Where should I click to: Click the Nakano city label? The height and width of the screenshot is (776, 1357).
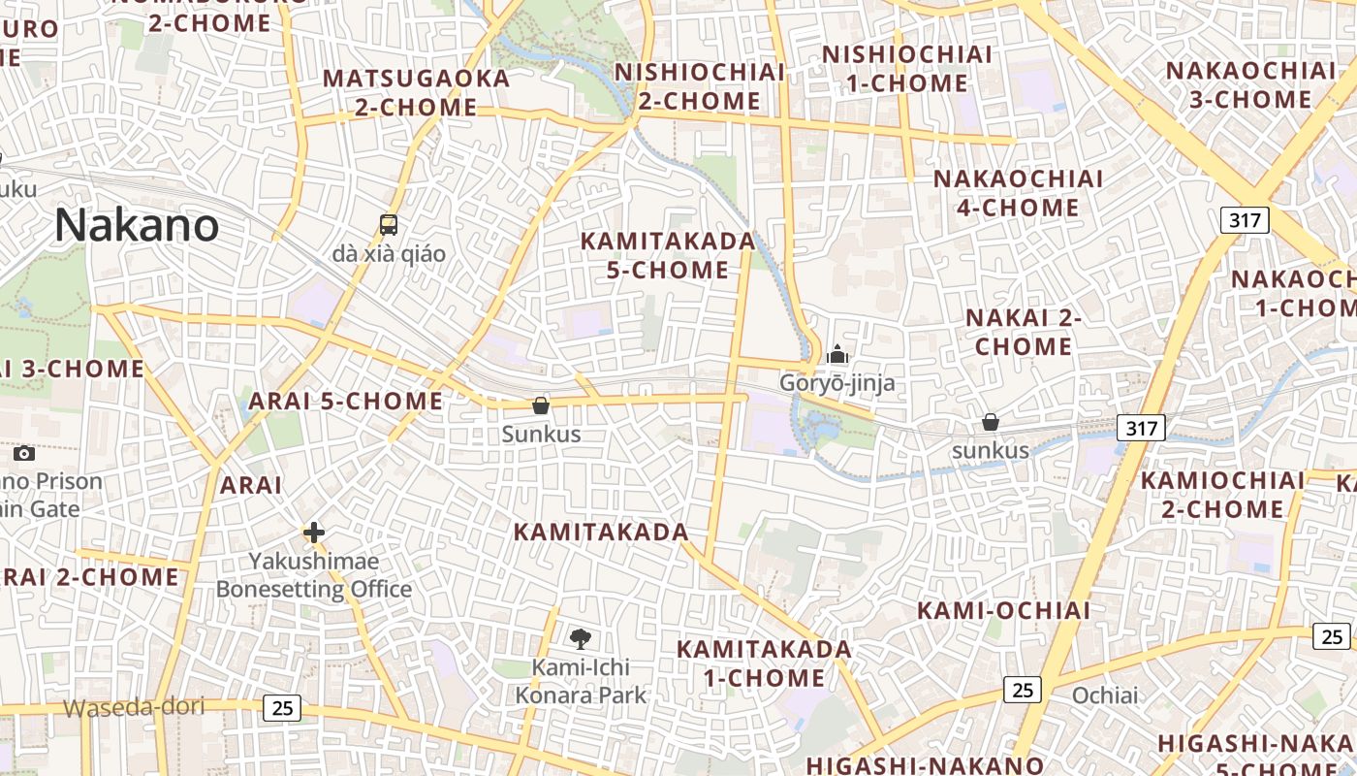137,225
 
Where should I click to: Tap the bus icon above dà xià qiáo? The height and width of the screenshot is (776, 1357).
389,225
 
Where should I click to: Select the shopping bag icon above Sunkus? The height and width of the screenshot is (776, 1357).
541,405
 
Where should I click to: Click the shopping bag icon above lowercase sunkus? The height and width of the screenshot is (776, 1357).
990,422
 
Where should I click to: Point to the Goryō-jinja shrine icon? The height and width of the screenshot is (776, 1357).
837,355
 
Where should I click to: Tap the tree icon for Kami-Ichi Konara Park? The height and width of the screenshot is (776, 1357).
581,638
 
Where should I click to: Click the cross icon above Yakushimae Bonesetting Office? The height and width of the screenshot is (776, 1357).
313,533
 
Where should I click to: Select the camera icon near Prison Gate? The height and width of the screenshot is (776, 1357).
24,453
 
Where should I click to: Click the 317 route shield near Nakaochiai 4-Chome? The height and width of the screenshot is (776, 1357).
1244,220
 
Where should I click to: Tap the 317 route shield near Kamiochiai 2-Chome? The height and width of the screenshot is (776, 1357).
1140,427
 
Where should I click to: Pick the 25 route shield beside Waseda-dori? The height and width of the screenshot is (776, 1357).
282,708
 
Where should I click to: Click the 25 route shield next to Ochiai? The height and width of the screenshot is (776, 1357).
1022,690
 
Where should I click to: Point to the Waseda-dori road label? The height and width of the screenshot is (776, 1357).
134,707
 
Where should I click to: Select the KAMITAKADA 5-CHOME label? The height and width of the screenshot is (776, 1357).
667,256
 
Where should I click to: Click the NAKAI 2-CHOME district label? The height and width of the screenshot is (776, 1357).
1024,332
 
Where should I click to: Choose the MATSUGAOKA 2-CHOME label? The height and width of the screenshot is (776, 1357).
416,92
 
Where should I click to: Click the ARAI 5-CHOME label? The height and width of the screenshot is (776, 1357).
345,401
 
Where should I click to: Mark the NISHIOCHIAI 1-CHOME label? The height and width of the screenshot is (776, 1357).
907,68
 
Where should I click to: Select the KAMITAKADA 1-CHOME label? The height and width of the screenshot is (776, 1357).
764,663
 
